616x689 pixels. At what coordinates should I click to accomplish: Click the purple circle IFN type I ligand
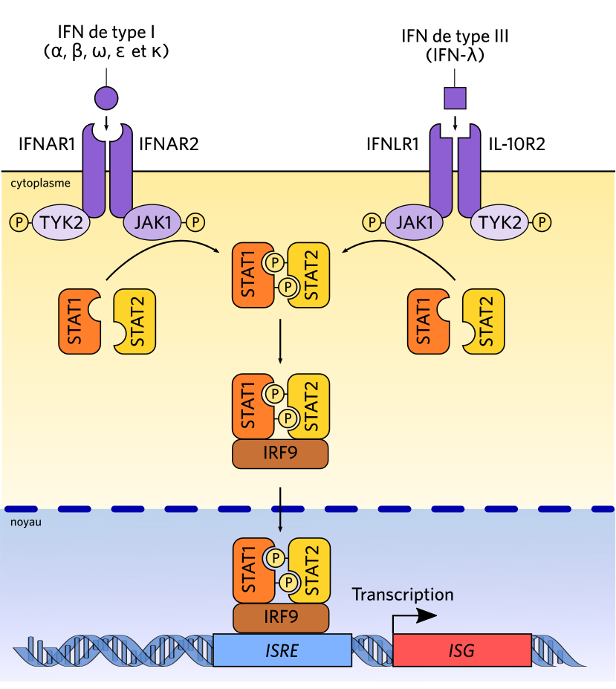point(106,97)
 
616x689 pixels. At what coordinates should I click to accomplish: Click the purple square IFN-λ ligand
point(455,97)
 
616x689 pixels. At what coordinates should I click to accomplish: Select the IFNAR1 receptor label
point(47,145)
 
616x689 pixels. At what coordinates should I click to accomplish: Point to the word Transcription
point(403,595)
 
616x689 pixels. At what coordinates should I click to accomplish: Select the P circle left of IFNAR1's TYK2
point(20,221)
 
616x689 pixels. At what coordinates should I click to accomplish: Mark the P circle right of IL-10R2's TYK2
point(544,221)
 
